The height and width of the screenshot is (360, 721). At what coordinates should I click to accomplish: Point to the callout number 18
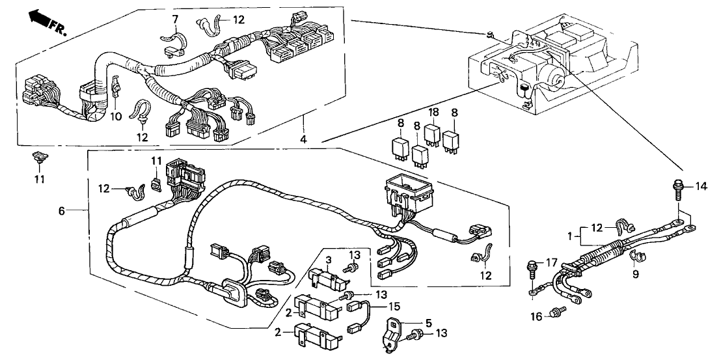tap(433, 112)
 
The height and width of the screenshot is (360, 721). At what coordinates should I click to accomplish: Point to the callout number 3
tap(329, 260)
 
